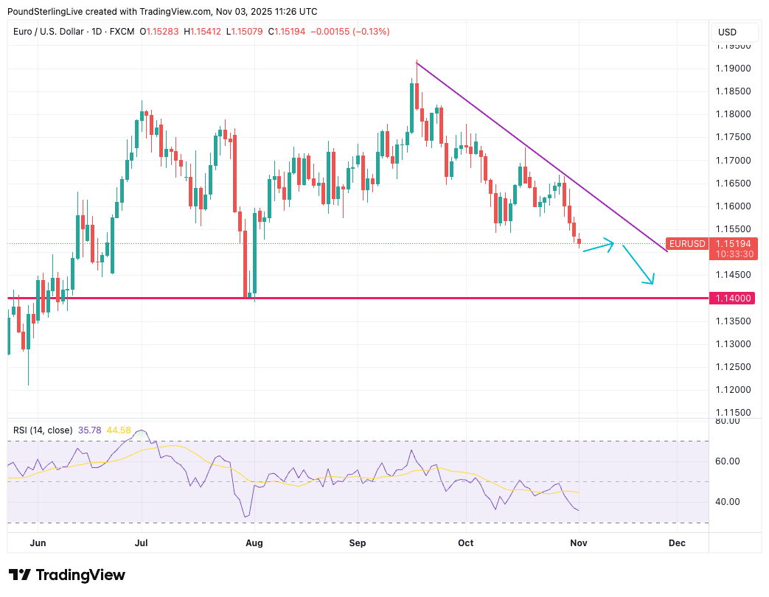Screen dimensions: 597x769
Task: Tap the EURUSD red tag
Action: click(x=687, y=243)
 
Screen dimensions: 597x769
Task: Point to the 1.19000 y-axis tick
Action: click(x=733, y=69)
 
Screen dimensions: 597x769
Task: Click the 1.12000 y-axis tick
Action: click(x=733, y=390)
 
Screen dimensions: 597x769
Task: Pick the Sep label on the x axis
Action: click(x=358, y=543)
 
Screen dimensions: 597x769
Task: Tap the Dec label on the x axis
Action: click(x=677, y=543)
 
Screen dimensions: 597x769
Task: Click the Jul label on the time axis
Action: click(x=142, y=543)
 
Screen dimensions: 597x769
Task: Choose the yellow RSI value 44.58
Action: click(x=119, y=430)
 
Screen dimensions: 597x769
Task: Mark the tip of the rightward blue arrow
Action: click(x=613, y=244)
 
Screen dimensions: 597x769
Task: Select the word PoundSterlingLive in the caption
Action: click(x=48, y=12)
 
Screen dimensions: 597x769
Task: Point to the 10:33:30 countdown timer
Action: click(x=732, y=254)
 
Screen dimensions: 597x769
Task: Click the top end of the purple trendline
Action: click(x=417, y=63)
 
